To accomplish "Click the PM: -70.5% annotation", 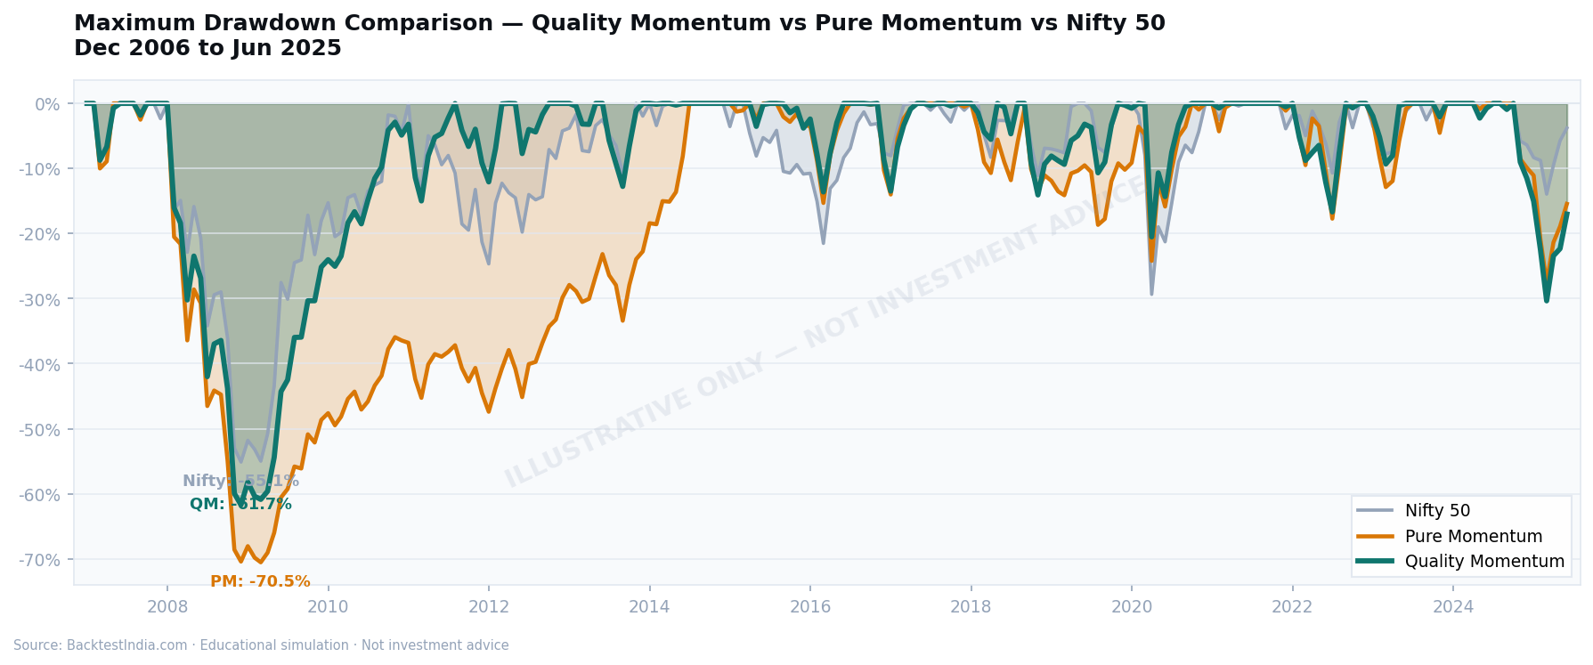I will click(x=260, y=581).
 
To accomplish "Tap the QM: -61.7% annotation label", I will click(x=240, y=504).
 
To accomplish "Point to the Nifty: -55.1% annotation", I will click(x=240, y=481).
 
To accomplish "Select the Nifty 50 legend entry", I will click(x=1437, y=511).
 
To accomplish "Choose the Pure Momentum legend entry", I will click(x=1473, y=537).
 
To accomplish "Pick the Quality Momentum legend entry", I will click(x=1483, y=562).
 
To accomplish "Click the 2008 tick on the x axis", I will click(x=167, y=607).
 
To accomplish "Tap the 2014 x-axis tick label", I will click(x=649, y=607).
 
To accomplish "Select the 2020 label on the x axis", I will click(x=1132, y=607).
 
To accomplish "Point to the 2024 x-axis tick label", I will click(x=1453, y=607).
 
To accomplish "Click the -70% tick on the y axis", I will click(x=39, y=560).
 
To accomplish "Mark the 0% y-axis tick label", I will click(x=48, y=104).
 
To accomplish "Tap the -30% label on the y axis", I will click(x=39, y=299).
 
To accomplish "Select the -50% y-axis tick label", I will click(x=39, y=430).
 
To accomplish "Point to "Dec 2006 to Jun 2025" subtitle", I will click(x=207, y=48).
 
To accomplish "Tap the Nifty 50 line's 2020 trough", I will click(x=1151, y=294).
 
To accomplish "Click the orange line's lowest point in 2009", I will click(x=260, y=562).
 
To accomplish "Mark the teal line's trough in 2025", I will click(x=1547, y=300).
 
